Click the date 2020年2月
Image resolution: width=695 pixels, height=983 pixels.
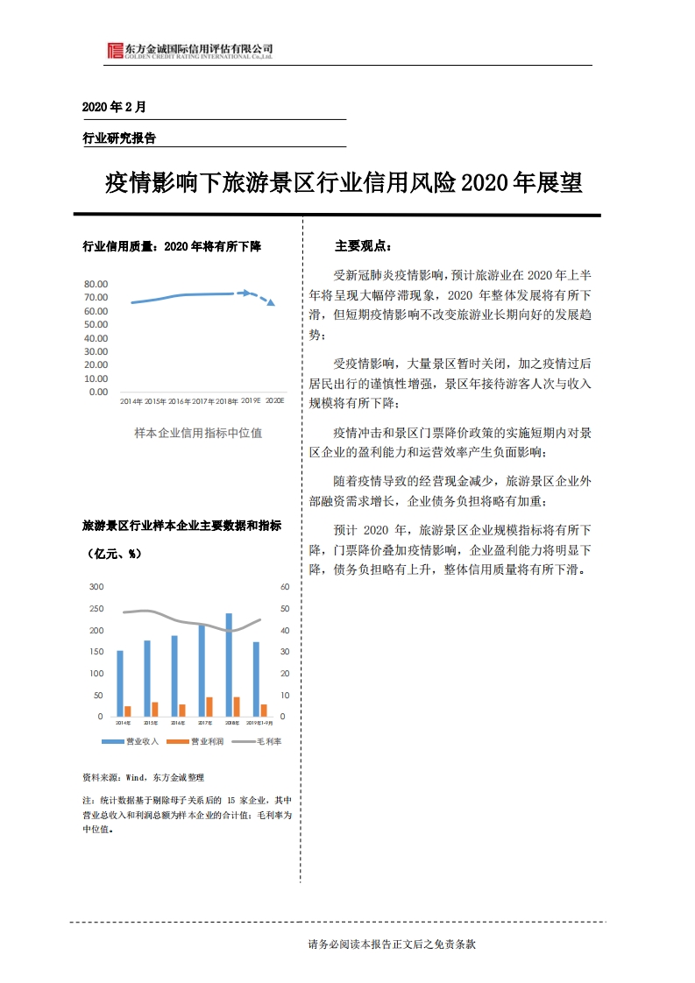pos(114,107)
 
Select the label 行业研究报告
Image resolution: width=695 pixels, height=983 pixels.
pos(119,138)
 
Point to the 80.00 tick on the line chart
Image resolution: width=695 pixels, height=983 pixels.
pos(96,285)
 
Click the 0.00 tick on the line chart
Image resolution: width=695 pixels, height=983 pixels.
pos(99,392)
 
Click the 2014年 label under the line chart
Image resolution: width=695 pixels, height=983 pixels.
pos(131,400)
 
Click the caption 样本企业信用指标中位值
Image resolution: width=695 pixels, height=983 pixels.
pos(198,432)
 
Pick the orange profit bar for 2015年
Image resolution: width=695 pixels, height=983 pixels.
pos(155,709)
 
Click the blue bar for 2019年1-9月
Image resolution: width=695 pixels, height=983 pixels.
pos(256,679)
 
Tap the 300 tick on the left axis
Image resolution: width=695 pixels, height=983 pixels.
pos(96,587)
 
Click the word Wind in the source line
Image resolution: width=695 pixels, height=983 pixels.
pos(136,777)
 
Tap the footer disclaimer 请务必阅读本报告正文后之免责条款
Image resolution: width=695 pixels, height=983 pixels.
pos(391,944)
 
